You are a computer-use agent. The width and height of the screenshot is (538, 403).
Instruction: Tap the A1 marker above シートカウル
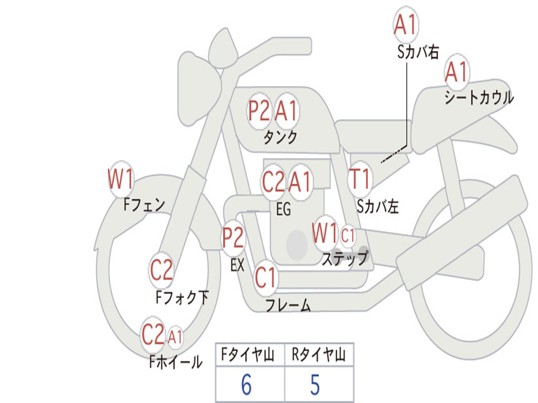pyautogui.click(x=456, y=72)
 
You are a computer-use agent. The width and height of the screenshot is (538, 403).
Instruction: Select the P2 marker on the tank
pyautogui.click(x=259, y=110)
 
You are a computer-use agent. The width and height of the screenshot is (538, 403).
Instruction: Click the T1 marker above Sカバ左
pyautogui.click(x=360, y=179)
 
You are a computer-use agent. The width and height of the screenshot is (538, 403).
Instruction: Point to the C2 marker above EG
pyautogui.click(x=273, y=182)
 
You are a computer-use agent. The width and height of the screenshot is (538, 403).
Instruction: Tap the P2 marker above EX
pyautogui.click(x=233, y=238)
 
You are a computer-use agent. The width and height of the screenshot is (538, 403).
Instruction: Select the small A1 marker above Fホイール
pyautogui.click(x=175, y=336)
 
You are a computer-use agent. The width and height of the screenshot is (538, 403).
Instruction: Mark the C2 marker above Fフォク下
pyautogui.click(x=161, y=270)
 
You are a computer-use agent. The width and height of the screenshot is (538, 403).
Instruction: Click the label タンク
pyautogui.click(x=280, y=137)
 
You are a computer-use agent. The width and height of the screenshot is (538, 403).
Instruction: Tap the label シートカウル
pyautogui.click(x=479, y=98)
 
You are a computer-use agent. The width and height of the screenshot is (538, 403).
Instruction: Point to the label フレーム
pyautogui.click(x=287, y=305)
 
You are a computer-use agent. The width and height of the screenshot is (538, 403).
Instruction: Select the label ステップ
pyautogui.click(x=344, y=259)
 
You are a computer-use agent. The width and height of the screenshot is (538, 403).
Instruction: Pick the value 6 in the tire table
pyautogui.click(x=246, y=385)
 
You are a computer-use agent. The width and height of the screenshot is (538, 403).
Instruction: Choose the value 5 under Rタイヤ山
pyautogui.click(x=315, y=385)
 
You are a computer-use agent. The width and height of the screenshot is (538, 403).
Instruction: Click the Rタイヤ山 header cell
pyautogui.click(x=318, y=355)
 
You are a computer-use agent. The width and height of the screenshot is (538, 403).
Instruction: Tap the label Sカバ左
pyautogui.click(x=377, y=207)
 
